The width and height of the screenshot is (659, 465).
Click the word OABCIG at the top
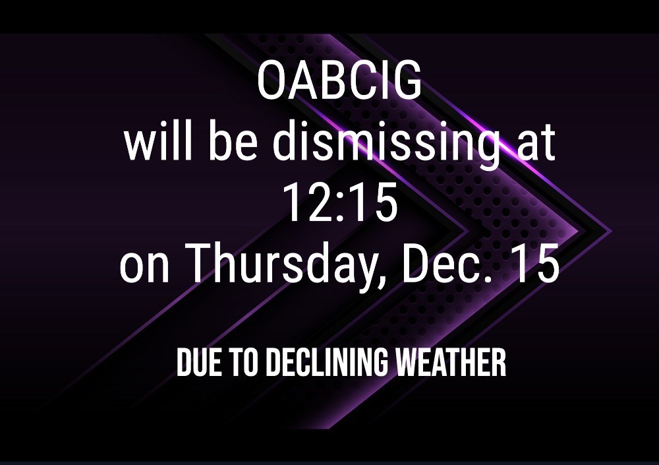pos(339,80)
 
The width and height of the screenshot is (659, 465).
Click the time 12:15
pos(340,203)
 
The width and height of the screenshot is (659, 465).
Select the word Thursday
pos(286,266)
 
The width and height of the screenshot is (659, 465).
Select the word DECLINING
pos(327,362)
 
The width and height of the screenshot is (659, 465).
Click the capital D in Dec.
pos(416,263)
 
